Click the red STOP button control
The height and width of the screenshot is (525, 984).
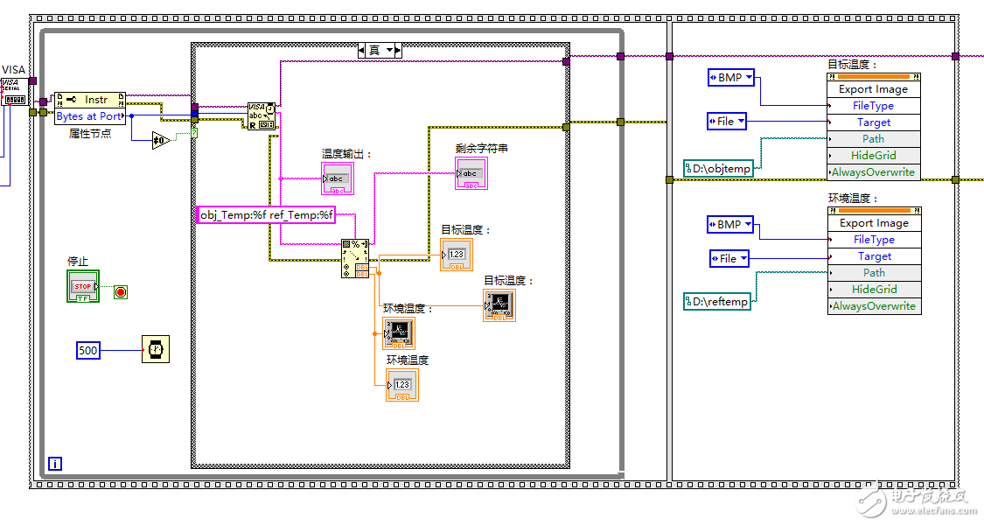coord(83,286)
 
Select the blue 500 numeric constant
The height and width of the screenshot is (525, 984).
coord(88,351)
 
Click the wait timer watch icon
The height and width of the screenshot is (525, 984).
coord(156,349)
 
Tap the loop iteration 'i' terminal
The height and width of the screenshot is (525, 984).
coord(54,464)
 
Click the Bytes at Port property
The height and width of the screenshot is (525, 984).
coord(89,116)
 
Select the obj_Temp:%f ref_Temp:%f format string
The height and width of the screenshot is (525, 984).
coord(267,215)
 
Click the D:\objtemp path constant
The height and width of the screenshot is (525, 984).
coord(718,167)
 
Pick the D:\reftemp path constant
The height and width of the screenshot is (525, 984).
coord(717,302)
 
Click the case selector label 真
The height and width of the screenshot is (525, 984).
coord(374,50)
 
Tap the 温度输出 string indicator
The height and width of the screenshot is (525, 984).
coord(337,178)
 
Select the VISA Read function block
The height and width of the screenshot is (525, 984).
coord(262,116)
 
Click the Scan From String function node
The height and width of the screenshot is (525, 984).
coord(355,258)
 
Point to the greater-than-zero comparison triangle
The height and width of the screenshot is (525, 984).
coord(160,140)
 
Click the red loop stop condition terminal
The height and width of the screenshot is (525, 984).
coord(121,291)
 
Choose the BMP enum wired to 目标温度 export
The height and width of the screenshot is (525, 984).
coord(730,78)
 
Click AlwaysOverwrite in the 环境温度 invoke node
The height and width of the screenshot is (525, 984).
coord(874,306)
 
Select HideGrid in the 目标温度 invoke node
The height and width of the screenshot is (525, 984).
coord(874,155)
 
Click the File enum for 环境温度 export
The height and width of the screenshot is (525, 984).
coord(729,258)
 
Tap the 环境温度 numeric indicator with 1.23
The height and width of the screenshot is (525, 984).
coord(402,385)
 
